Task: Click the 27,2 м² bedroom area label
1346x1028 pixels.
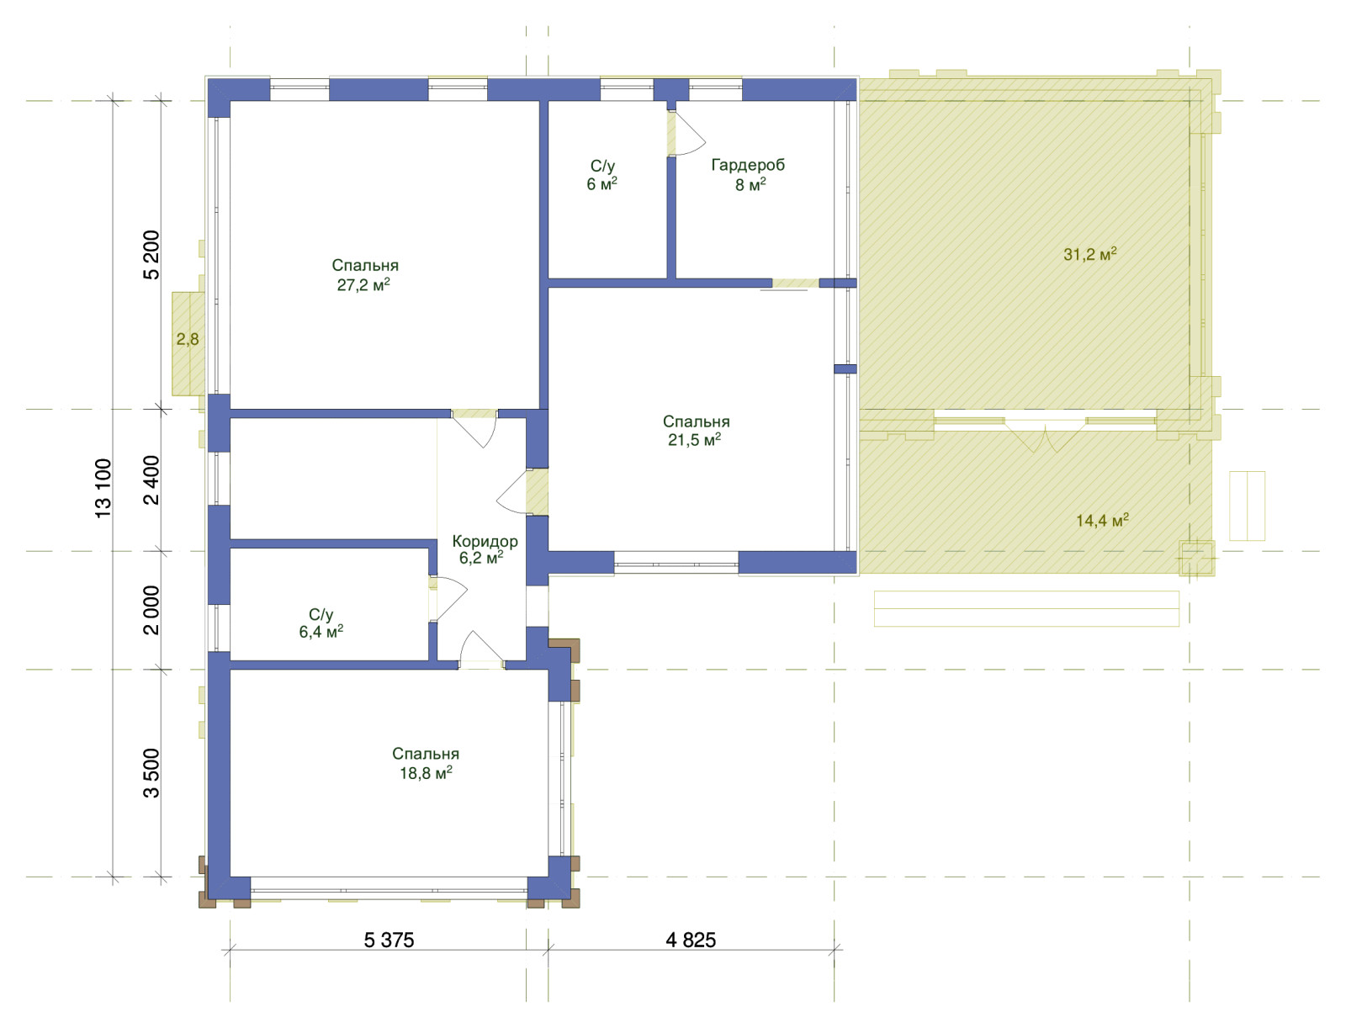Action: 363,285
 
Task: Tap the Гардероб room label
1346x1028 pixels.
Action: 748,165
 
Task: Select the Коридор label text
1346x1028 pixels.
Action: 485,541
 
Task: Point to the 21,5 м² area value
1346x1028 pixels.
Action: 694,439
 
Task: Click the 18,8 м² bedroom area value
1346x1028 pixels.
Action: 426,773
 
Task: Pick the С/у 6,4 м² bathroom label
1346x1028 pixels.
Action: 321,623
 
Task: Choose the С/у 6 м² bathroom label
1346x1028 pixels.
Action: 601,175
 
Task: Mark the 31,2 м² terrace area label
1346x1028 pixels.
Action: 1089,254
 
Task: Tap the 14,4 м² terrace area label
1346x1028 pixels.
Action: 1102,521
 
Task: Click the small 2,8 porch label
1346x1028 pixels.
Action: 187,339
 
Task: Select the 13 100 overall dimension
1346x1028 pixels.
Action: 103,488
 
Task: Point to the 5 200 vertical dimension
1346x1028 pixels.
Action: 151,255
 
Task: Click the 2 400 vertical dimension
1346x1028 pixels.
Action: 151,480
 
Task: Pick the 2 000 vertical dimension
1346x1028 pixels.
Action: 151,610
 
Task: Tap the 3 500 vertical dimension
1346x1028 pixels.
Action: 151,773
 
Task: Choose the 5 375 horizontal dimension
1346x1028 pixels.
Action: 389,940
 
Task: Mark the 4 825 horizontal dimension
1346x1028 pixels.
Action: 691,940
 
